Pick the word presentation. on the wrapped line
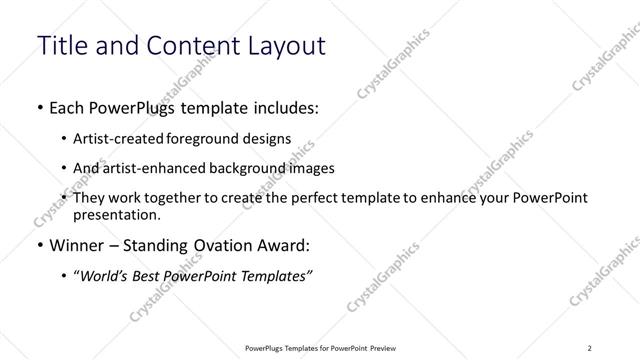(x=116, y=215)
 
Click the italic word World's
(x=104, y=277)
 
